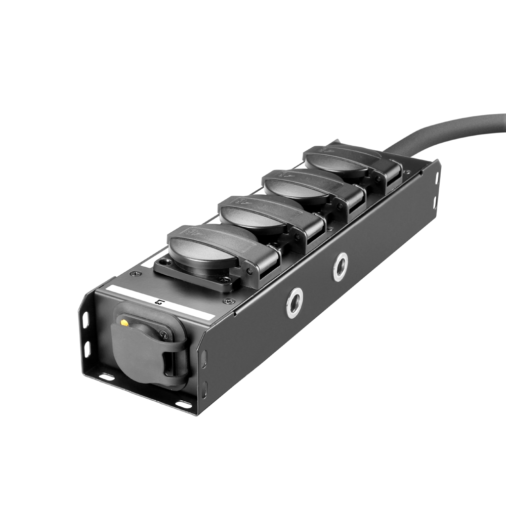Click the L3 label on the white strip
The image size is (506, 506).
(x=160, y=303)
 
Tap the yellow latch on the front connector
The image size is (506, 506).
(x=124, y=322)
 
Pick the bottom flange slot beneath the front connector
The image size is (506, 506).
(x=106, y=377)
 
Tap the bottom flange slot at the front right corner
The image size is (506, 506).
(x=183, y=405)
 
